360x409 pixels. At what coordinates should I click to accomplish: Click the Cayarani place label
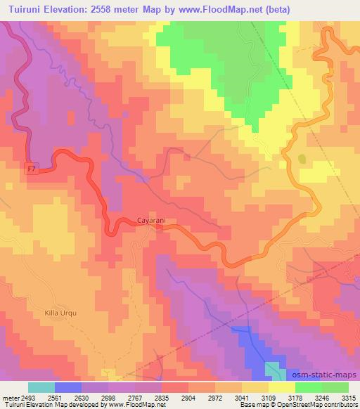[x=152, y=220]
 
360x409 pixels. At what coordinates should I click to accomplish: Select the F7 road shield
[x=31, y=169]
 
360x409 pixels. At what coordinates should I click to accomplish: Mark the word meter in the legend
[x=9, y=397]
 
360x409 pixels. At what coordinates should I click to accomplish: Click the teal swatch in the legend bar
[x=41, y=387]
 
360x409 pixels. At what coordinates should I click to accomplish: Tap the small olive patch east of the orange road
[x=302, y=159]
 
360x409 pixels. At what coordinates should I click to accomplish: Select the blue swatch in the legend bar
[x=68, y=387]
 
